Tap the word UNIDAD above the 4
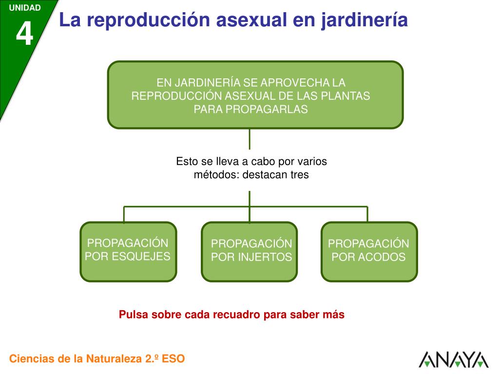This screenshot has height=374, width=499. click(24, 8)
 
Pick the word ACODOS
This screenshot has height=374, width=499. click(382, 257)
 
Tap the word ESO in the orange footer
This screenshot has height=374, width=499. click(173, 359)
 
